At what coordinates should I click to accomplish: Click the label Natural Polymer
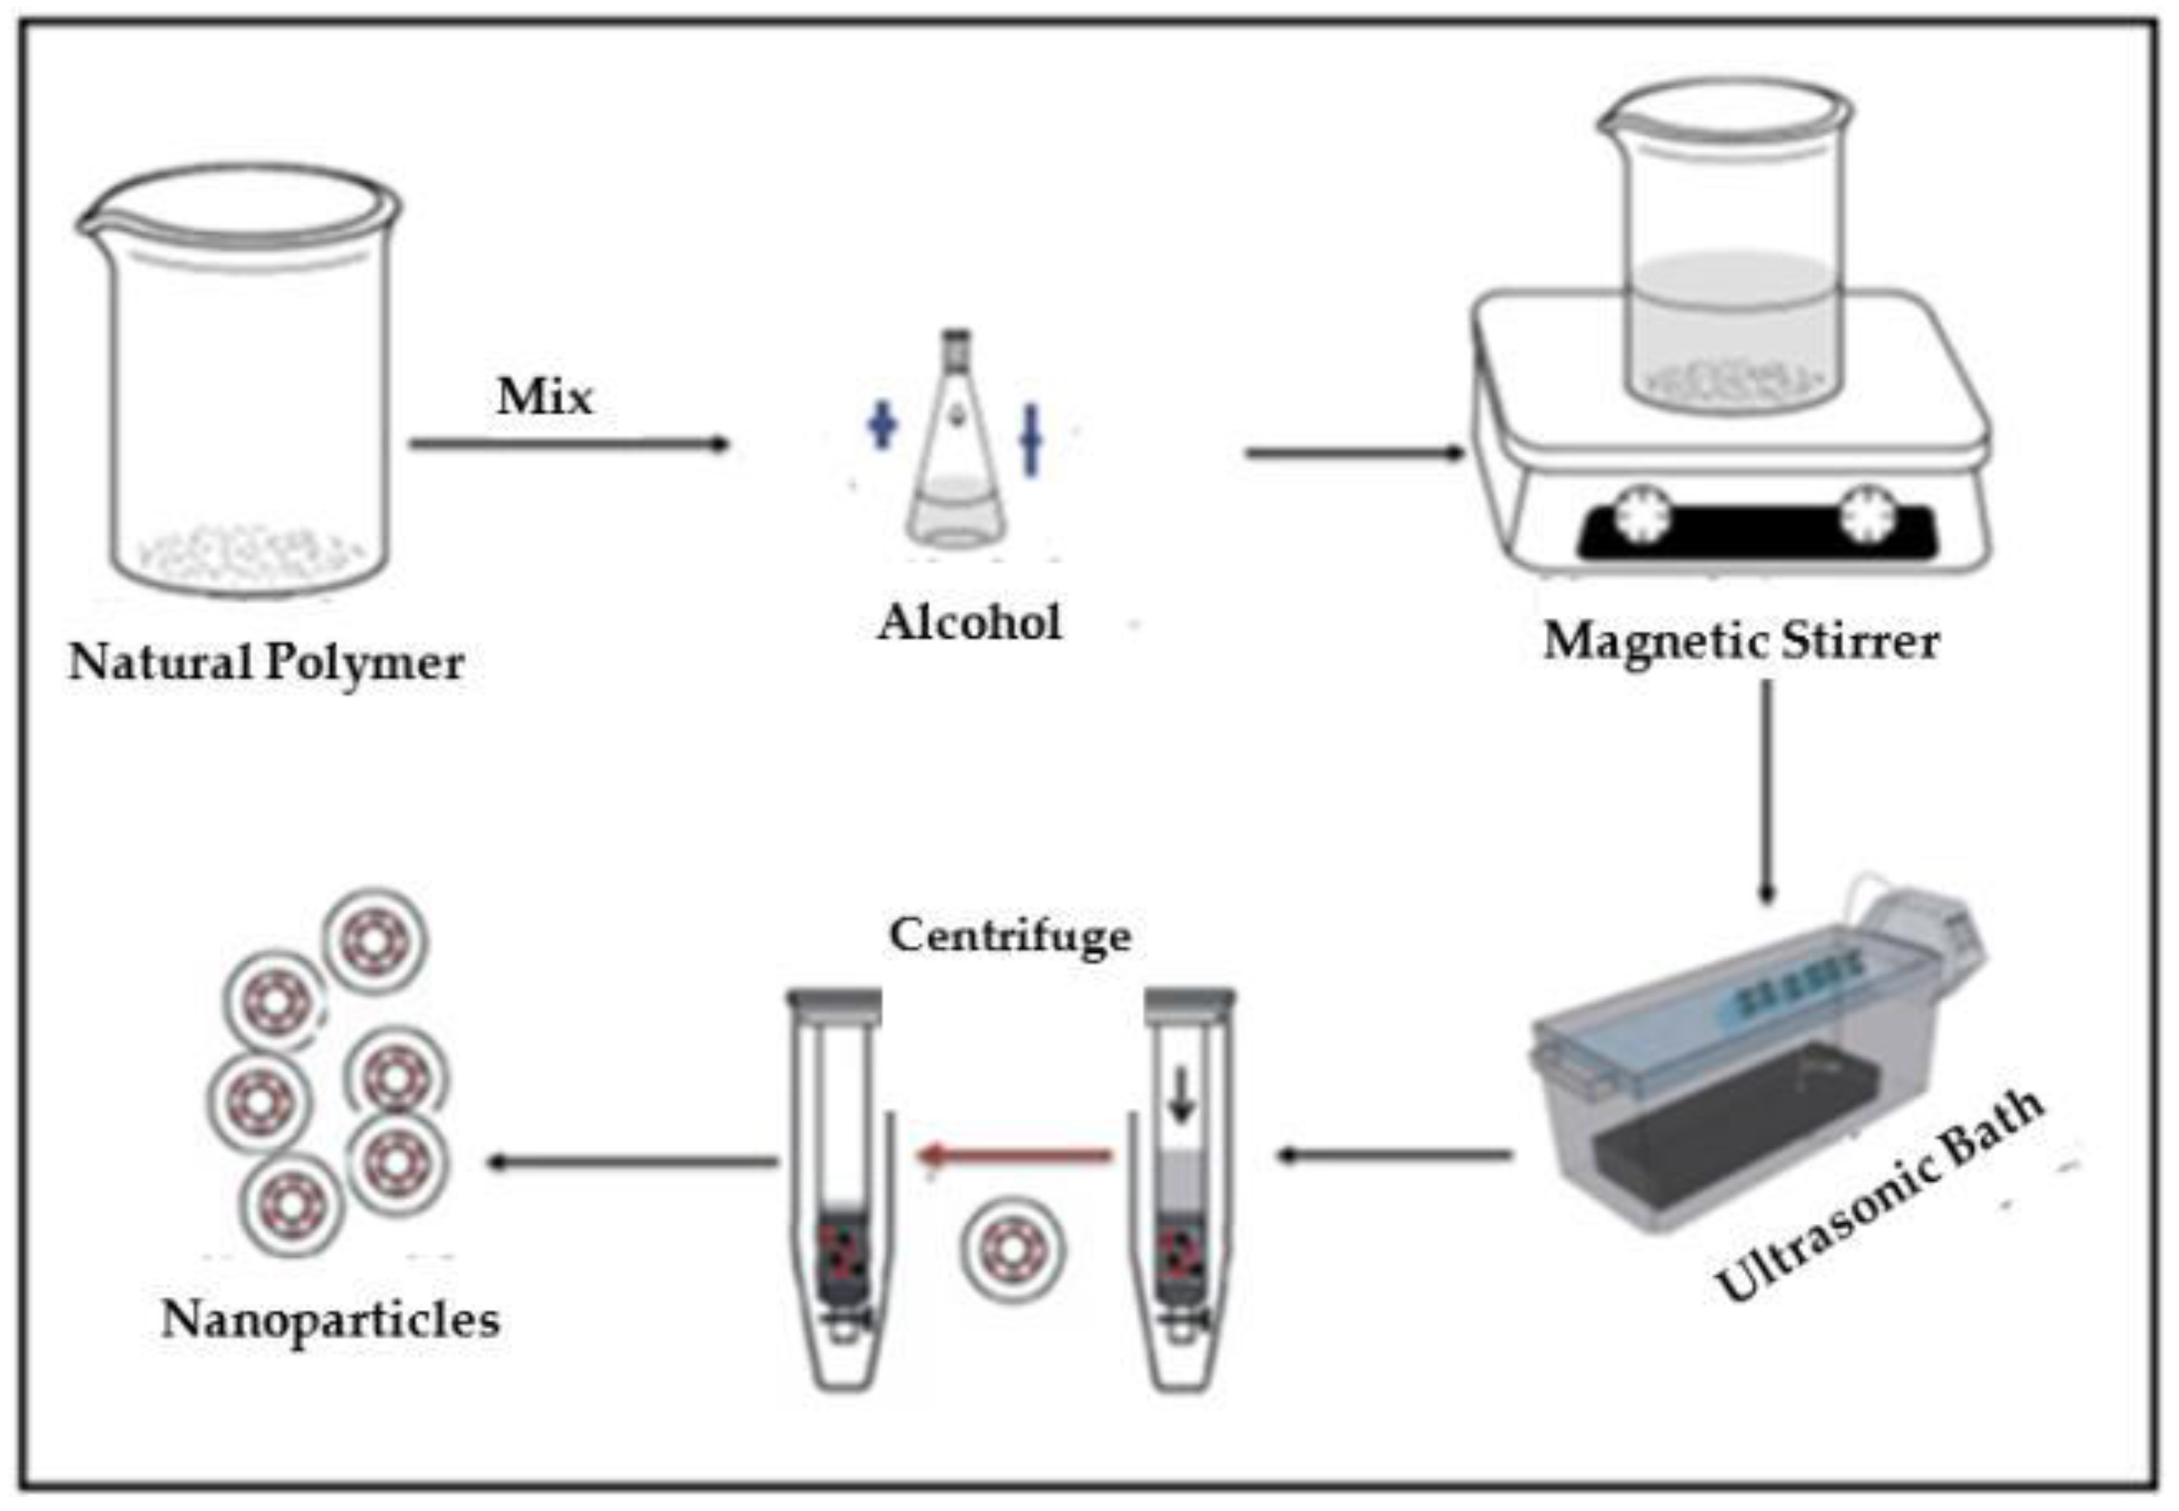coord(266,662)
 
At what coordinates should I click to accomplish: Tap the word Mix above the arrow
coord(545,396)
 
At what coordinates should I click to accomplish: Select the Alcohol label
coord(970,623)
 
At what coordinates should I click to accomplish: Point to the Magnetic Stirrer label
coord(1741,642)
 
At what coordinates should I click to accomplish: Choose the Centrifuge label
coord(1010,935)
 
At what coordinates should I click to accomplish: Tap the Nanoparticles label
coord(330,1319)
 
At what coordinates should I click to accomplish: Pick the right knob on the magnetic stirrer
coord(1866,512)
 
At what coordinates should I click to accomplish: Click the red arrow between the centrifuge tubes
coord(1015,1155)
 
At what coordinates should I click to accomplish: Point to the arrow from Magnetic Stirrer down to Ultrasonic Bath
coord(1766,791)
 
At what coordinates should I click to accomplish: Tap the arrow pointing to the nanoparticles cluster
coord(632,1162)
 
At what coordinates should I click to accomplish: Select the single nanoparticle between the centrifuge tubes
coord(1013,1249)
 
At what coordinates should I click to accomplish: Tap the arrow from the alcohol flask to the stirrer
coord(1355,454)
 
